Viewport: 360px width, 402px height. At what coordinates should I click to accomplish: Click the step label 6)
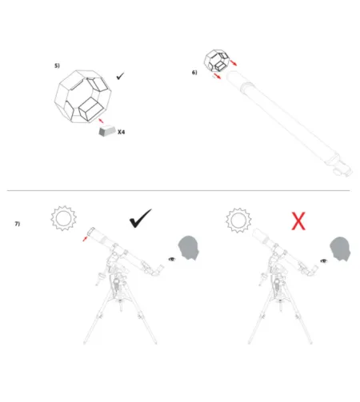click(194, 72)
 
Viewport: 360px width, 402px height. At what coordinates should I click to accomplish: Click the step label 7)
click(17, 223)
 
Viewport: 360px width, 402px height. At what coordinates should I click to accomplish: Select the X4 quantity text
click(121, 132)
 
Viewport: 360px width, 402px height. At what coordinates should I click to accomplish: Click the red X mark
click(298, 221)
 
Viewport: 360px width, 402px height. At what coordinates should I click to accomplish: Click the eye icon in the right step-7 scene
click(324, 259)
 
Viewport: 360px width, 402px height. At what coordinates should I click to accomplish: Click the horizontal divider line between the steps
click(179, 191)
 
